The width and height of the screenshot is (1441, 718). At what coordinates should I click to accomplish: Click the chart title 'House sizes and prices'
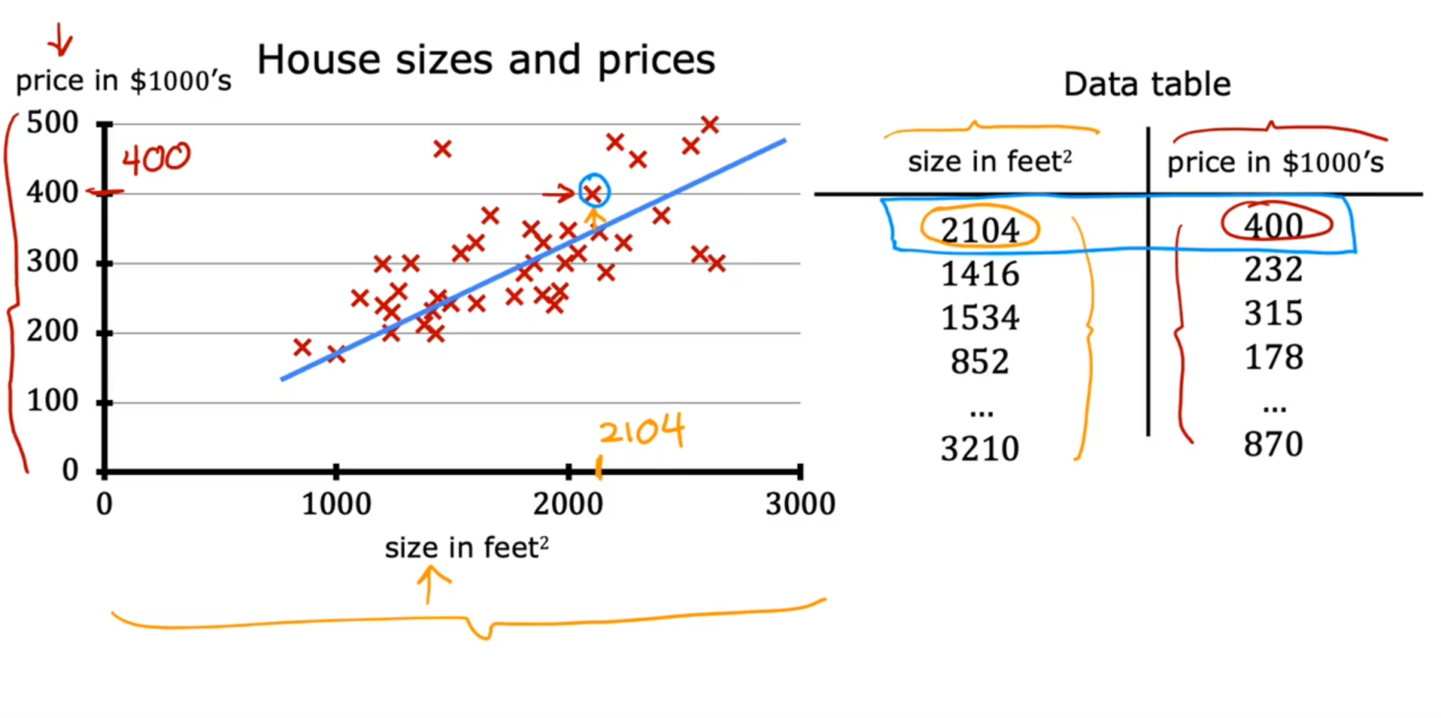486,60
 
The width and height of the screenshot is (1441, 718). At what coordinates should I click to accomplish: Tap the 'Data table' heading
1146,84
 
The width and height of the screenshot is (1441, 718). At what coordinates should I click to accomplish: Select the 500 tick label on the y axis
52,123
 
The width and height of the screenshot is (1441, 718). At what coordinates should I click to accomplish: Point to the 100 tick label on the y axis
52,401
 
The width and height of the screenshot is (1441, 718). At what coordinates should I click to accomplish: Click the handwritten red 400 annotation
156,159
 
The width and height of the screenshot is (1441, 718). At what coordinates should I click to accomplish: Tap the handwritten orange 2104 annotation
642,431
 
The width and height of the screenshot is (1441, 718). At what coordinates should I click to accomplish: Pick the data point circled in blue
593,193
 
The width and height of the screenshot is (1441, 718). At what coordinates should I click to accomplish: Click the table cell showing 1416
979,274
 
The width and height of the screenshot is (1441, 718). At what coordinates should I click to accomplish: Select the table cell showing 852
979,362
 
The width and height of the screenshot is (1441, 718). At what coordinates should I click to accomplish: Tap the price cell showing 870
1273,445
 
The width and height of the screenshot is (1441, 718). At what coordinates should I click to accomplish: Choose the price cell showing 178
1273,358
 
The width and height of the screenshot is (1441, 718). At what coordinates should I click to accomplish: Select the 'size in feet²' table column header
989,162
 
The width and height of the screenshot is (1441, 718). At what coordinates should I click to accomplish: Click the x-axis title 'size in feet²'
466,548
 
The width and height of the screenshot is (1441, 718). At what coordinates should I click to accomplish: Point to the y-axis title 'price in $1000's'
123,81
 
